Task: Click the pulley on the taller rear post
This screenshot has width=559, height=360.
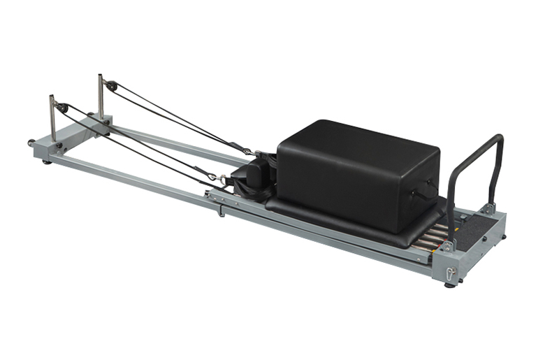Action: coord(111,85)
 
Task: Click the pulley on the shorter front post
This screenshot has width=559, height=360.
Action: coord(63,108)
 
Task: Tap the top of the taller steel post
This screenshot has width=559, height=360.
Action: coord(100,76)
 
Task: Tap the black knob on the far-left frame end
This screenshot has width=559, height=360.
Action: coord(31,143)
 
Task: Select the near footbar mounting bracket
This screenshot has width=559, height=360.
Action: coord(448,245)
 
